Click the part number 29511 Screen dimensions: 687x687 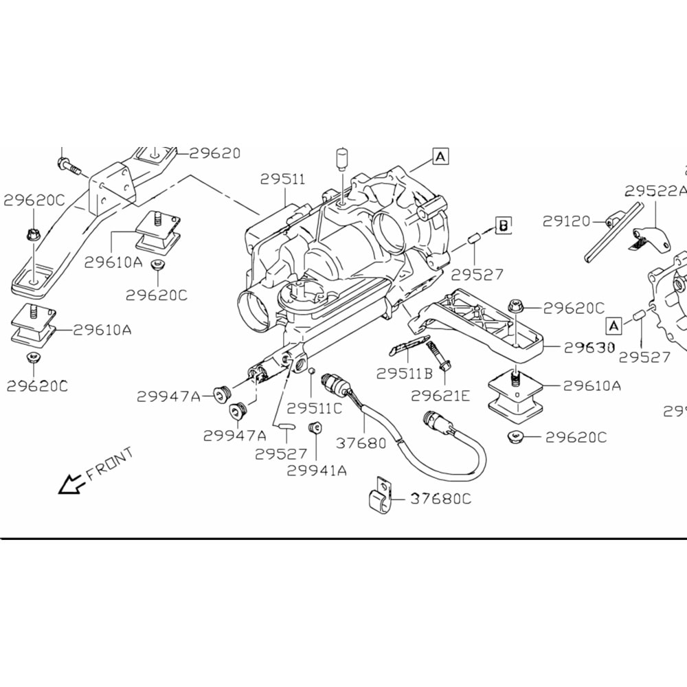pos(282,179)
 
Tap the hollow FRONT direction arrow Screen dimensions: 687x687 pos(69,485)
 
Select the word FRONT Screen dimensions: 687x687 pos(110,464)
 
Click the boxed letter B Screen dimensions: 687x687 pos(504,225)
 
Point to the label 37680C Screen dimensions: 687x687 pos(441,499)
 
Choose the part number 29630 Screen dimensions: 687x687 pos(589,348)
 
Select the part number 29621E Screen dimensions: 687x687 pos(441,396)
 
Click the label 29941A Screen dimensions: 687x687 pos(317,471)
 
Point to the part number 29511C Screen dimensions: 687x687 pos(314,408)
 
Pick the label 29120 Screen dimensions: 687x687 pos(566,221)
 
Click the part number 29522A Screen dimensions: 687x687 pos(655,191)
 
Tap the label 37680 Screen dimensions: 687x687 pos(361,443)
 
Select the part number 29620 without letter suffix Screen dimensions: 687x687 pos(215,153)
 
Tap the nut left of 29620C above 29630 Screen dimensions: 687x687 pos(514,306)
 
